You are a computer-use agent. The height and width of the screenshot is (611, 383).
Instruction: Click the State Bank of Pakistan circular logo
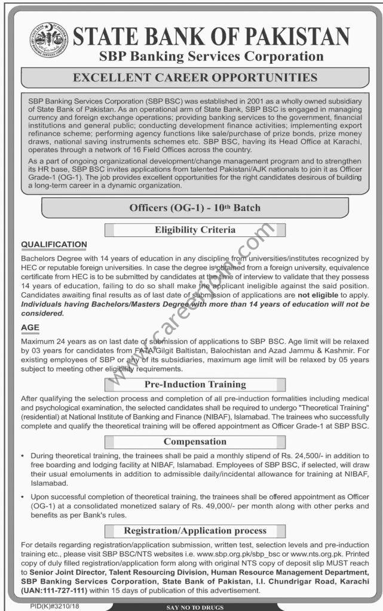49,40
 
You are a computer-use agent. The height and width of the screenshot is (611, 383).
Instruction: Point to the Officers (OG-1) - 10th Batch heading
194,208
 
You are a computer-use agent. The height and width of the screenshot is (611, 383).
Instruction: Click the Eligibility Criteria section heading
195,230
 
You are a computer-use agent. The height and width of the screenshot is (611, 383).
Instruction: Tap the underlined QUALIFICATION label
54,245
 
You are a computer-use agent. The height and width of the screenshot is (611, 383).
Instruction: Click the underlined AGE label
30,328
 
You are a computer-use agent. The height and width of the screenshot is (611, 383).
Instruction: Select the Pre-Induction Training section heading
195,384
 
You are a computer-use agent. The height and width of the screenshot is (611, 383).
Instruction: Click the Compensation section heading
195,442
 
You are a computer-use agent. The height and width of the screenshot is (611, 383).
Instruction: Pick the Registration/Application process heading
195,530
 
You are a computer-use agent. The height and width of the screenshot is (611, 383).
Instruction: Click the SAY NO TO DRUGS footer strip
195,607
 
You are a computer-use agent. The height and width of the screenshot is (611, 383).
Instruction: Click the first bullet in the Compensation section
25,456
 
